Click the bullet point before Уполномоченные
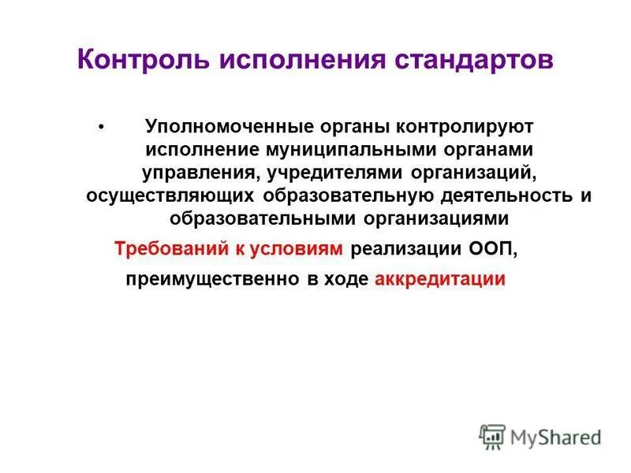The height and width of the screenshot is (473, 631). click(100, 126)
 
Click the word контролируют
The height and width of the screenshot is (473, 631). click(465, 126)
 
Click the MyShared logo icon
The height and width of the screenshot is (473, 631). click(492, 437)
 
